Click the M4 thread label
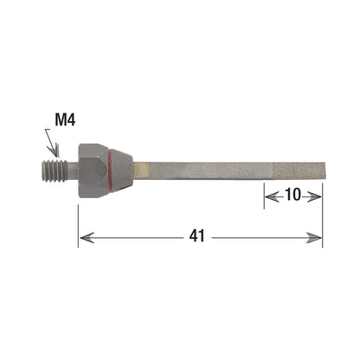pos(65,119)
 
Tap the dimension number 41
pos(197,236)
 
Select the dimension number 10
pos(292,195)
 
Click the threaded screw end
pos(55,171)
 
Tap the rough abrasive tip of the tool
pos(299,170)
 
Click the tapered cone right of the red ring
pos(122,170)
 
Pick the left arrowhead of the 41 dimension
pos(87,238)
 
